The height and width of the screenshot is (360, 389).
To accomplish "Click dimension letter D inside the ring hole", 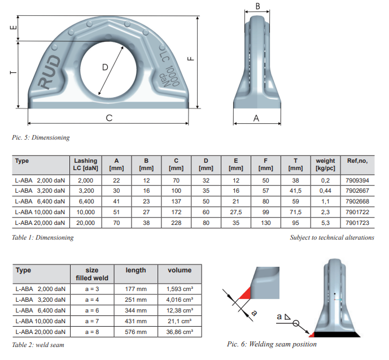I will [x=105, y=67].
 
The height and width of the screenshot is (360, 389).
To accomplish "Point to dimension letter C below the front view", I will [x=109, y=118].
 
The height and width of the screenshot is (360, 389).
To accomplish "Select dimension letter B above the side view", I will [x=258, y=7].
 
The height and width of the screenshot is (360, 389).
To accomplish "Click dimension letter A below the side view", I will [x=256, y=118].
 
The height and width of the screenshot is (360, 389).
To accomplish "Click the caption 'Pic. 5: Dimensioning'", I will [x=41, y=137].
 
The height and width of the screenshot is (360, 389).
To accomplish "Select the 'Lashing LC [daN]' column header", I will [x=85, y=165].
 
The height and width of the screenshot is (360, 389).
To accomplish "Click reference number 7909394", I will [x=358, y=179].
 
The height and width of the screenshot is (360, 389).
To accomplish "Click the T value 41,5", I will [x=295, y=190].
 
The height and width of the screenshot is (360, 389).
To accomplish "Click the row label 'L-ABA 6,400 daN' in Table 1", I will [x=40, y=202].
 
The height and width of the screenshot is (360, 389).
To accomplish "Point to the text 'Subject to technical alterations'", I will [x=332, y=237].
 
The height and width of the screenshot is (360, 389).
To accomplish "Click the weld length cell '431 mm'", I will [x=136, y=320].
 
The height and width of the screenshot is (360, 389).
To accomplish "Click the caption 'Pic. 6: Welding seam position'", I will [x=272, y=344].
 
